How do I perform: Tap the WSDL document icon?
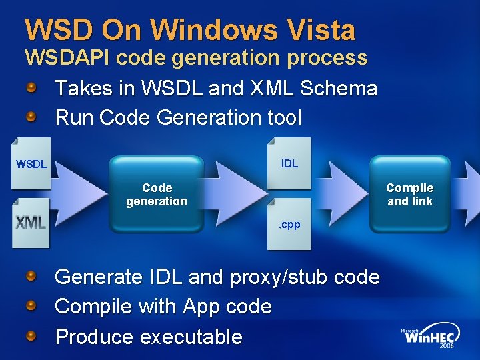coord(31,163)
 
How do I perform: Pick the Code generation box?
coord(157,194)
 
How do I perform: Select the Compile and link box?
coord(409,194)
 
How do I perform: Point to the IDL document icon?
coord(289,163)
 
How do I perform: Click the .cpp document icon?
coord(289,224)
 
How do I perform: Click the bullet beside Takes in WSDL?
coord(31,88)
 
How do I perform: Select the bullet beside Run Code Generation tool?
coord(31,117)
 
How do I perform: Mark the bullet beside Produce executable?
coord(31,336)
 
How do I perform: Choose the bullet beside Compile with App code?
coord(31,306)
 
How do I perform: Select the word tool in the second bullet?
coord(284,118)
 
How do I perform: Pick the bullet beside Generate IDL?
coord(31,276)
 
